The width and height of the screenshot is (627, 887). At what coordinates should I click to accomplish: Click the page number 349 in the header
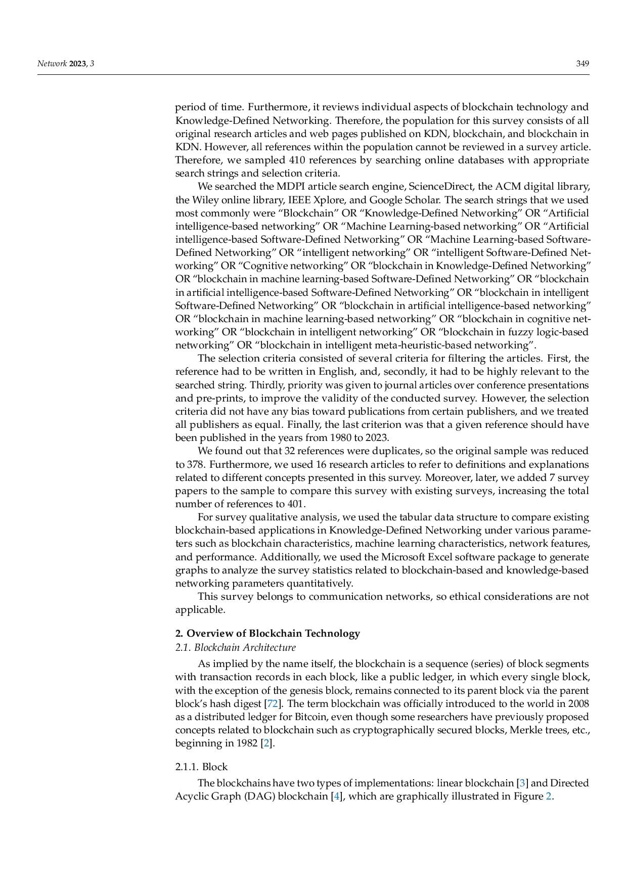[x=583, y=64]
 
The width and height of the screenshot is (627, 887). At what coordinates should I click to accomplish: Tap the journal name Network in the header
[x=52, y=64]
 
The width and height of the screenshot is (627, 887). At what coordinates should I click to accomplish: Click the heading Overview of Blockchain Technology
[x=273, y=633]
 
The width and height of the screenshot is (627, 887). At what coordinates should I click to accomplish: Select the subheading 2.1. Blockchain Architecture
[x=235, y=647]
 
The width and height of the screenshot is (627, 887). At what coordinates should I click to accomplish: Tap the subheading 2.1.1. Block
[x=201, y=767]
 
